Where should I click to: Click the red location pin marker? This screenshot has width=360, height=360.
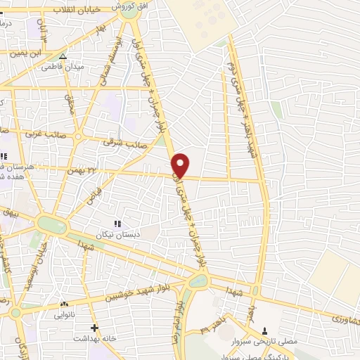pyautogui.click(x=181, y=165)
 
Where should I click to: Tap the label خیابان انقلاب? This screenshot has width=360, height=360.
pyautogui.click(x=77, y=11)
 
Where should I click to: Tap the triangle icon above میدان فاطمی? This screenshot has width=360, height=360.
pyautogui.click(x=63, y=56)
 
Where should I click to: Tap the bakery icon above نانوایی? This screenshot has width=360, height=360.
pyautogui.click(x=64, y=304)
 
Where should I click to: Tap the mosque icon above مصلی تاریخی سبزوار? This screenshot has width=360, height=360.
pyautogui.click(x=264, y=330)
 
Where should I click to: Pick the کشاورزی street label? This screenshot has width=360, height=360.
pyautogui.click(x=344, y=318)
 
